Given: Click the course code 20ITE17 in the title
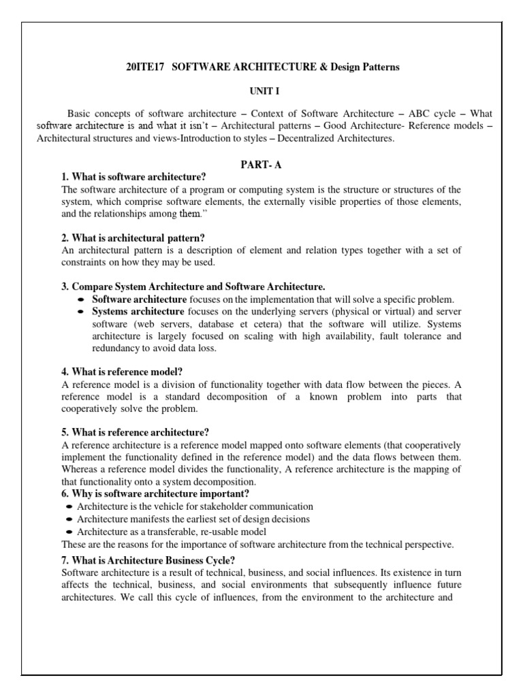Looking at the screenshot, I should [142, 67].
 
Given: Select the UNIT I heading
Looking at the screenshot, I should [261, 91].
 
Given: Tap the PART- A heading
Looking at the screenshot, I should [261, 164].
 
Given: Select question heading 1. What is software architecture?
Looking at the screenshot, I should [133, 177].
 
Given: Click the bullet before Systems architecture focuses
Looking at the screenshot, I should [81, 312].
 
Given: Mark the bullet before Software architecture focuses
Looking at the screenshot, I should [81, 299].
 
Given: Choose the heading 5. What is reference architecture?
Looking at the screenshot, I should [135, 432].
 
